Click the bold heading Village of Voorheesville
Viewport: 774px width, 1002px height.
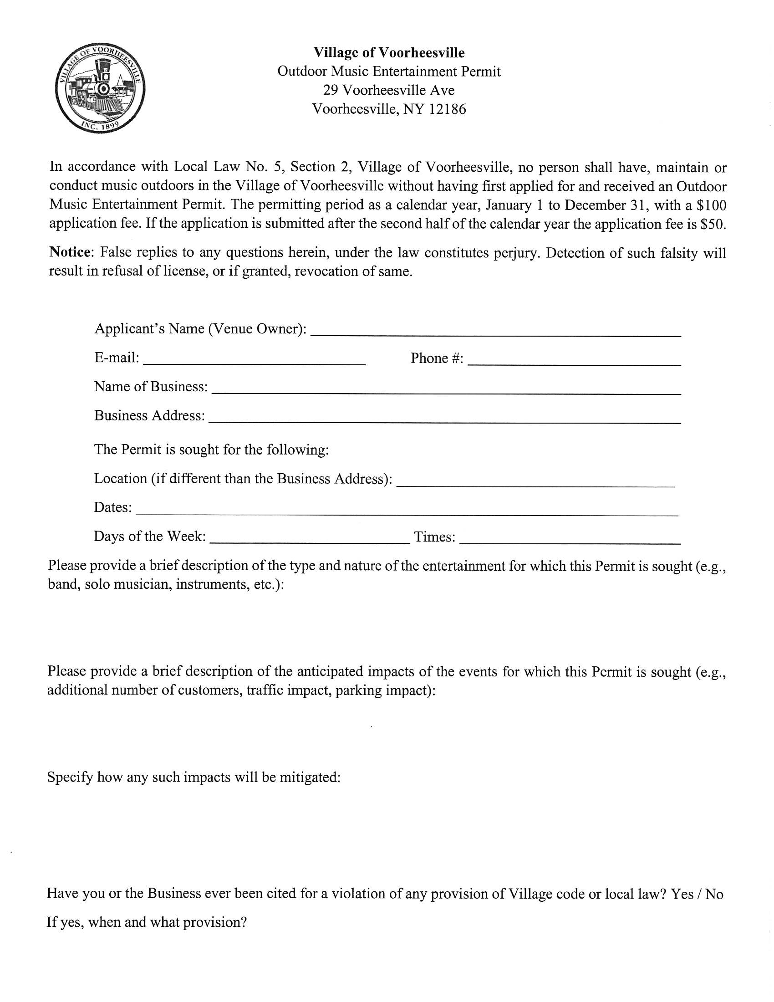(389, 53)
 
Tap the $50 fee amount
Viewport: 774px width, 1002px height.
(713, 225)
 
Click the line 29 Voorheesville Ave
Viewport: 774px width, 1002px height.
(389, 90)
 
